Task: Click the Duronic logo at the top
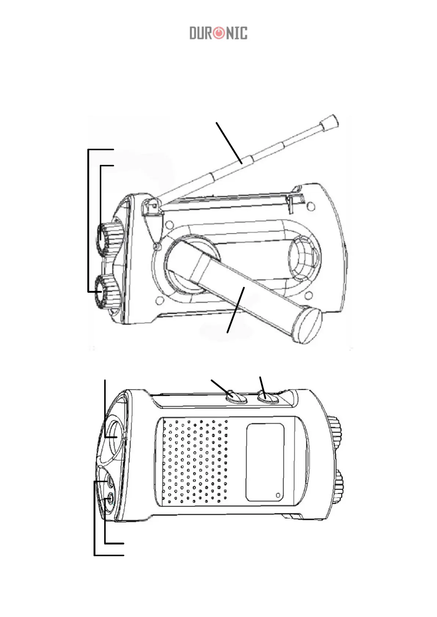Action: [x=218, y=33]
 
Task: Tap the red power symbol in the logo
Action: [x=219, y=33]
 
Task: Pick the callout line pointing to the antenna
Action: [x=229, y=143]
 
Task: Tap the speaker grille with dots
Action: [x=194, y=462]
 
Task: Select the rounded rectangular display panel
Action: [x=265, y=462]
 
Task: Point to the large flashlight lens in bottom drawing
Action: [x=116, y=438]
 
